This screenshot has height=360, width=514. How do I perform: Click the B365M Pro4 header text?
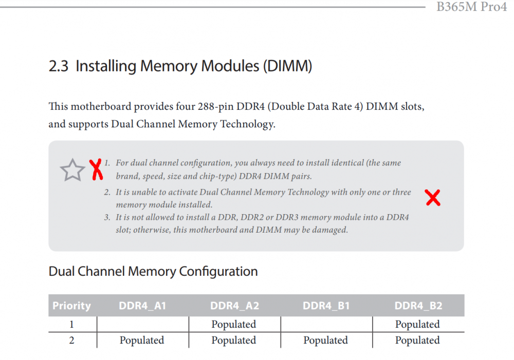coord(471,7)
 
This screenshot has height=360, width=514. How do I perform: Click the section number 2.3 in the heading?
coord(59,66)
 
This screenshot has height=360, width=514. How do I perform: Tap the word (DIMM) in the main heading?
coord(287,66)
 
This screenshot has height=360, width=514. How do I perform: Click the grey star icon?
coord(72,169)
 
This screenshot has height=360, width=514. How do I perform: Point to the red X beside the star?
coord(96,169)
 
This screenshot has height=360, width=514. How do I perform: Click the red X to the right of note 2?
coord(433,198)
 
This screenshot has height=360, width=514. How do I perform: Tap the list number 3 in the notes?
coord(107,217)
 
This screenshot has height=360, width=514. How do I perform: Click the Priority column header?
coord(72,306)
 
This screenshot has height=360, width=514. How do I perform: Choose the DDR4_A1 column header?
coord(142,306)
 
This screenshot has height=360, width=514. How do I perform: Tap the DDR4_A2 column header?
coord(234,306)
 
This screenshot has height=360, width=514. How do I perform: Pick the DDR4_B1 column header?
coord(326,306)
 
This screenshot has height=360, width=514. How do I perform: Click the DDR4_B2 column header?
coord(418,306)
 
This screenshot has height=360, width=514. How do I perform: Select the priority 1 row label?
coord(71,324)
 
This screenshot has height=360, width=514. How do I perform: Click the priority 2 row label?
coord(71,340)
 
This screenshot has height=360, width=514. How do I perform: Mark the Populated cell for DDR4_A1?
coord(142,340)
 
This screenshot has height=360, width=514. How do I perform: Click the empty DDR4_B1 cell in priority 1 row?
coord(326,324)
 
